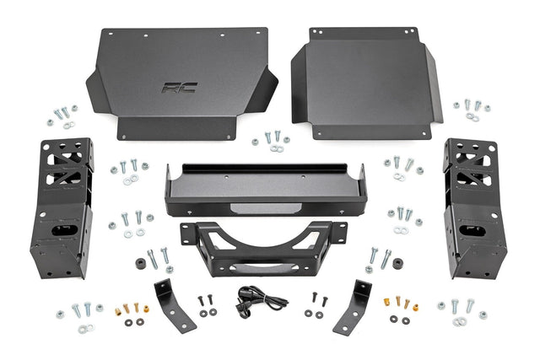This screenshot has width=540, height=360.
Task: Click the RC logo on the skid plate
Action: pyautogui.click(x=179, y=87)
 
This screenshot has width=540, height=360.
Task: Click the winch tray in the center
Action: pyautogui.click(x=267, y=190)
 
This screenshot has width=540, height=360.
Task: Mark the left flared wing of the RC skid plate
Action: pyautogui.click(x=99, y=88)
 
